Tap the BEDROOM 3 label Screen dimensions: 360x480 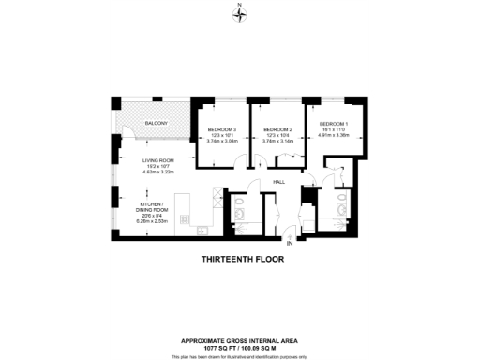(x=221, y=129)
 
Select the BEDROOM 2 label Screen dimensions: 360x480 (x=278, y=129)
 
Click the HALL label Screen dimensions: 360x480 (x=278, y=181)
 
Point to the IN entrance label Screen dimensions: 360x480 (x=290, y=244)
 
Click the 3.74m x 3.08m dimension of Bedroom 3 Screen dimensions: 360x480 (x=221, y=141)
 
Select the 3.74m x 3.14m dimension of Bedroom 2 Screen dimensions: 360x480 (x=278, y=141)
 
